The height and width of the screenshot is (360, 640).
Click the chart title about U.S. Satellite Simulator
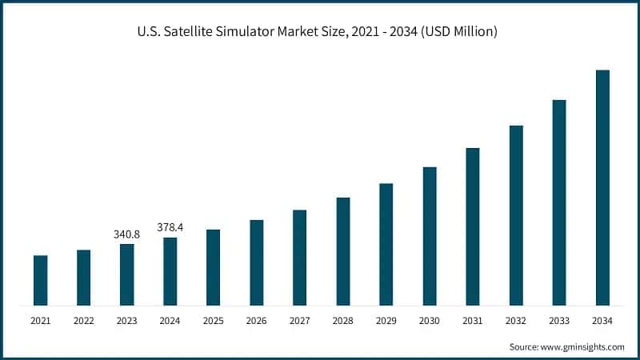[320, 32]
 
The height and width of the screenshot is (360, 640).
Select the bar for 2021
[41, 280]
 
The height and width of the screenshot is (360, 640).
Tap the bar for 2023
[127, 274]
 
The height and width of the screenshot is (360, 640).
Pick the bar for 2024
[170, 271]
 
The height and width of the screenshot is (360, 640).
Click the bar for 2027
[300, 258]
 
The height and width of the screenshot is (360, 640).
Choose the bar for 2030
[430, 236]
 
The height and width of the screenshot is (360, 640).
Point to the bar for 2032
[516, 215]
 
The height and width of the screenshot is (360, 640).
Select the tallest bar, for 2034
[602, 187]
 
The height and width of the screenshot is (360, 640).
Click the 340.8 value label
[127, 234]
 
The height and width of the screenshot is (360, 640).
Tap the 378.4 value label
[170, 227]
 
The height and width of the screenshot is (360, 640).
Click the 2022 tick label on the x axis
[84, 321]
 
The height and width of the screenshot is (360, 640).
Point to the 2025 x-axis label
[214, 321]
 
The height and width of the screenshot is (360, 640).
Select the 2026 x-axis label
[257, 321]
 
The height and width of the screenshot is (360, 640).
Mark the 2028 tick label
[343, 321]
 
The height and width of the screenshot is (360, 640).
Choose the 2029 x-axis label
[386, 321]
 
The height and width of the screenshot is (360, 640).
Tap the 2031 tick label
[473, 321]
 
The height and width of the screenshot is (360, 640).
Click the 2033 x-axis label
[559, 321]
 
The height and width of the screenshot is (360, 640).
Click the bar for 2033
[559, 202]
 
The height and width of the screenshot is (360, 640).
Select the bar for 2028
[343, 251]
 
